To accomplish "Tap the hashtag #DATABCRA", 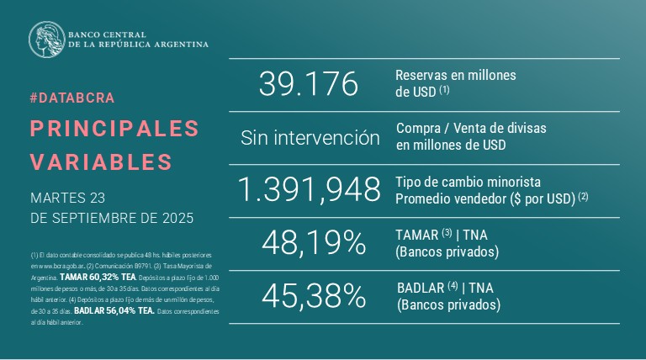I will (x=72, y=98).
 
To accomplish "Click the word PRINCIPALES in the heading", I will (x=114, y=128).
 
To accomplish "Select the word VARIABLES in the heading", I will (x=101, y=161).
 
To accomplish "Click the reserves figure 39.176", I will (x=308, y=84).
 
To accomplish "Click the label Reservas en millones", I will (x=455, y=75).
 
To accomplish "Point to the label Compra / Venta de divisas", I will (x=470, y=129).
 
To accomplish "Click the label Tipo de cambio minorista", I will (x=468, y=183).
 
